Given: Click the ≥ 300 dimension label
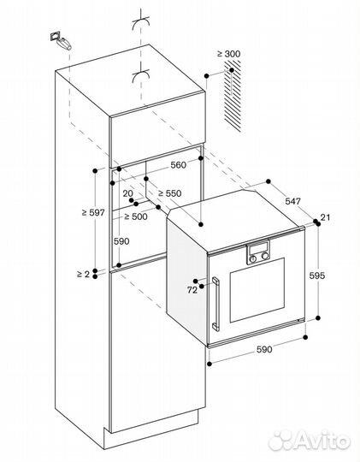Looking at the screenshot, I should tap(229, 55).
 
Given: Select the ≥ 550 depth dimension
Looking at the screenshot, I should tap(174, 194).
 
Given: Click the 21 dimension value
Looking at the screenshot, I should tap(325, 216).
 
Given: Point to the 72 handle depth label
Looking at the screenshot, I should tap(192, 290).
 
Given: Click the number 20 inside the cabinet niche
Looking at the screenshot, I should tap(127, 193).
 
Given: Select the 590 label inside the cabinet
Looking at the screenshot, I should tap(121, 241).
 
